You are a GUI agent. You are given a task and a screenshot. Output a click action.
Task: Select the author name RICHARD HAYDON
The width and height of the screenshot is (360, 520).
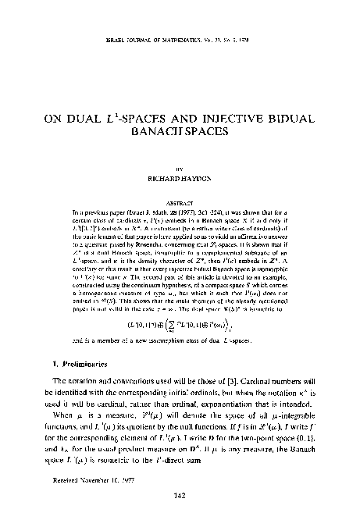coord(180,178)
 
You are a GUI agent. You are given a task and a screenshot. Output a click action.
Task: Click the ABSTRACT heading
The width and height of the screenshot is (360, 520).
coord(180,199)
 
